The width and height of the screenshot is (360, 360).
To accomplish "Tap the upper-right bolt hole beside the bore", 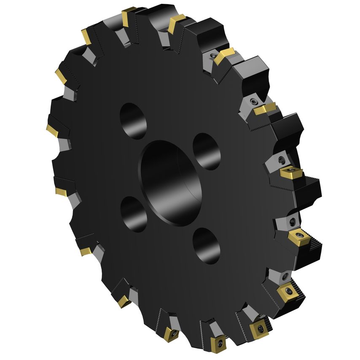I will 207,151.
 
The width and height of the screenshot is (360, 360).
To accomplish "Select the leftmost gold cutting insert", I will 52,130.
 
